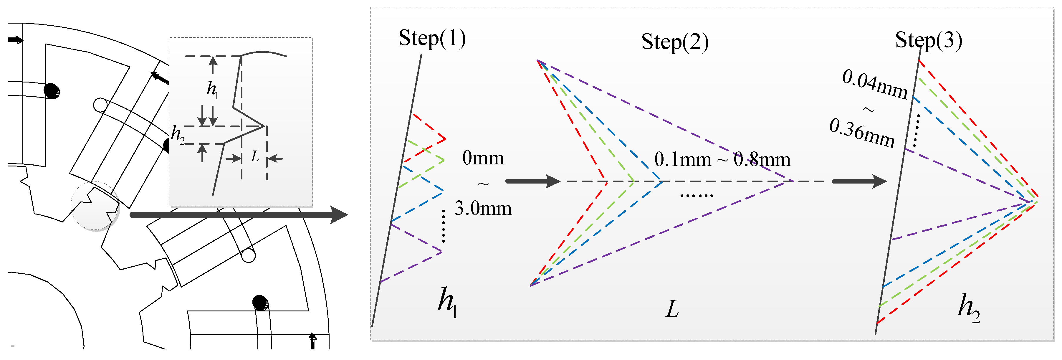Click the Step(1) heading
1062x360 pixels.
pyautogui.click(x=432, y=39)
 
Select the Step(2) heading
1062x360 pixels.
pyautogui.click(x=675, y=42)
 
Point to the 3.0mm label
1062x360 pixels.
pyautogui.click(x=483, y=209)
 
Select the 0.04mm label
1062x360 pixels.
pyautogui.click(x=874, y=85)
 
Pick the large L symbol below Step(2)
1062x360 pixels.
pyautogui.click(x=672, y=309)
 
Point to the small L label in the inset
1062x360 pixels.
pyautogui.click(x=255, y=157)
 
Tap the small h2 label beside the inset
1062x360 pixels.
pyautogui.click(x=178, y=134)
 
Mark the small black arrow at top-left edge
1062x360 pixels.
pyautogui.click(x=15, y=39)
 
